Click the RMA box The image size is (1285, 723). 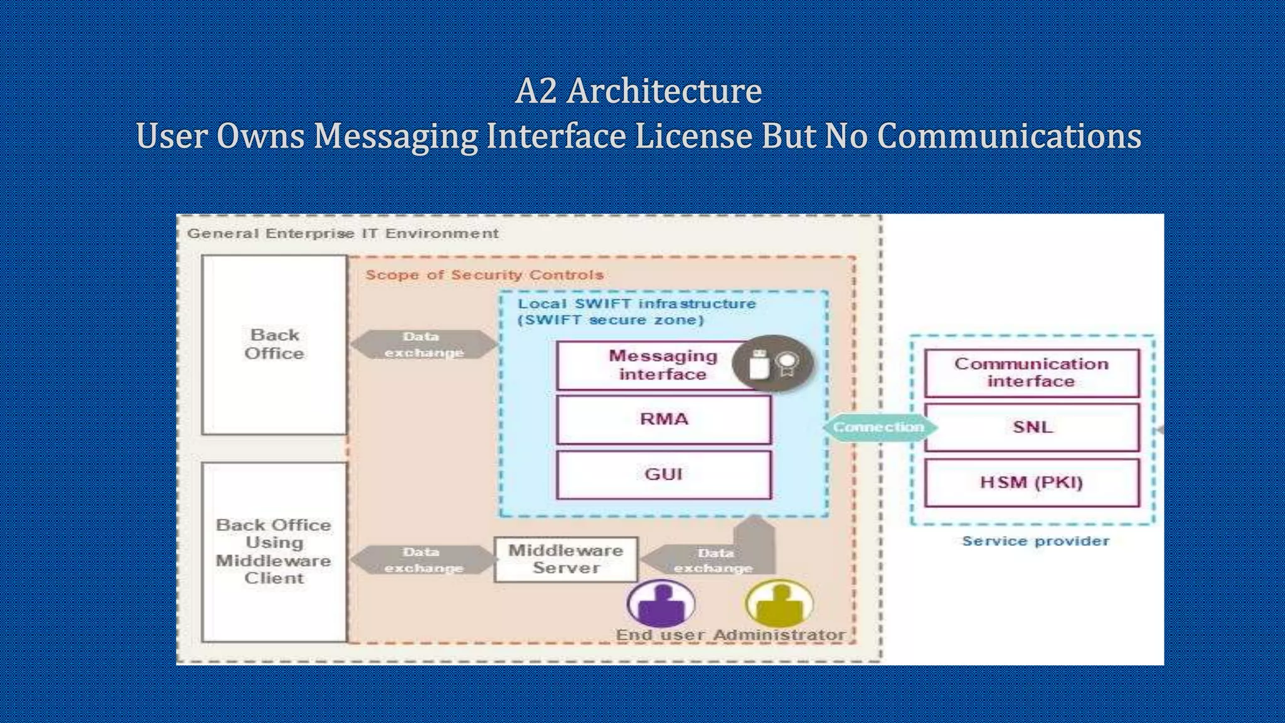click(x=663, y=419)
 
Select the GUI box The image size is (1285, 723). click(x=663, y=474)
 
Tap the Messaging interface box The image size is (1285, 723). click(x=653, y=365)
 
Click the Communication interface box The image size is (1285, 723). click(x=1032, y=373)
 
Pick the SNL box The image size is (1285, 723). click(x=1032, y=427)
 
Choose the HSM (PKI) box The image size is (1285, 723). click(x=1032, y=483)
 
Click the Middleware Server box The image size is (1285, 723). click(x=565, y=559)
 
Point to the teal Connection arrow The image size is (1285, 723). click(x=878, y=427)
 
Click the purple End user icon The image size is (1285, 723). click(x=661, y=603)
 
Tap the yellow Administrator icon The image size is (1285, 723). click(x=779, y=603)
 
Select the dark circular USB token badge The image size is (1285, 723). click(x=772, y=364)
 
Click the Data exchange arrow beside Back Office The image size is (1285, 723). click(x=424, y=345)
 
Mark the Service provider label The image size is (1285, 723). click(x=1035, y=541)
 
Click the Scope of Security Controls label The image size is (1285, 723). click(x=484, y=275)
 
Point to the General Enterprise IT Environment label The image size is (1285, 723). click(x=343, y=233)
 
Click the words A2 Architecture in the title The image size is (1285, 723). click(x=638, y=91)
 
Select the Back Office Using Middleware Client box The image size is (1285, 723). click(x=274, y=552)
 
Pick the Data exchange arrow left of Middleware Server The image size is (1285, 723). click(x=424, y=560)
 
